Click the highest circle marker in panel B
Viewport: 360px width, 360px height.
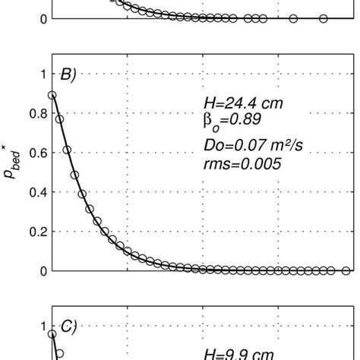coord(52,95)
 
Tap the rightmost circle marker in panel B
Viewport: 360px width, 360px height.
coord(346,270)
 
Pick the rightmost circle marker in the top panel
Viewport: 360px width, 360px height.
coord(324,18)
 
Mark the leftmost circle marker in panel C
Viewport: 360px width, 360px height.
coord(52,333)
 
